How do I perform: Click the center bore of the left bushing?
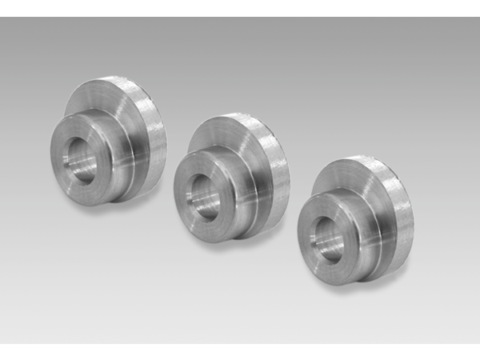[82, 164]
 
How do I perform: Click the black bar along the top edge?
[240, 8]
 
